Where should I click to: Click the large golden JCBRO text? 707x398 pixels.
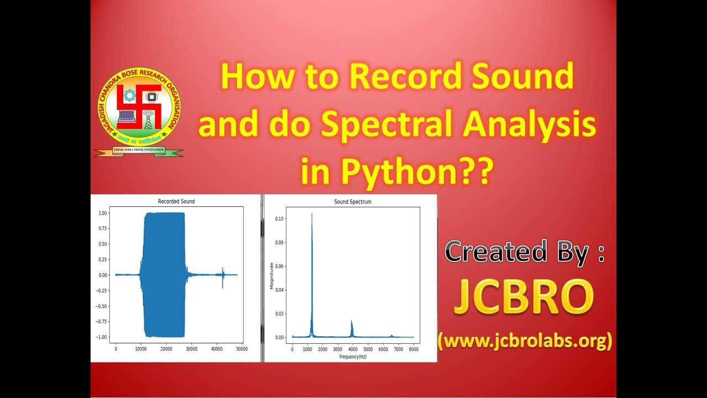click(x=523, y=298)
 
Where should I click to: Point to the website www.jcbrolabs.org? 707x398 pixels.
click(x=525, y=341)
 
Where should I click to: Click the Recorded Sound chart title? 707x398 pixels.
click(x=176, y=201)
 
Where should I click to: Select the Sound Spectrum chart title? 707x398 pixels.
click(x=352, y=202)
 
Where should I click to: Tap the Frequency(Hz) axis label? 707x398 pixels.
click(x=352, y=357)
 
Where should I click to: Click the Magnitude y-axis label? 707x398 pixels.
click(x=271, y=276)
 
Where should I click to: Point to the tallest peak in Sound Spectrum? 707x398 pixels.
click(x=312, y=214)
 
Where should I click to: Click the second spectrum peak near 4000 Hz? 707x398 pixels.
click(x=352, y=322)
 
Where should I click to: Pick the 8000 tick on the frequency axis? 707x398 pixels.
click(x=414, y=349)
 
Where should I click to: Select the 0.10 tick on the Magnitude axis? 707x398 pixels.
click(x=280, y=219)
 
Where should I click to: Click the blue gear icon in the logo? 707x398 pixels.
click(x=130, y=96)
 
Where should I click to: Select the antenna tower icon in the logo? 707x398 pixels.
click(x=149, y=119)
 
